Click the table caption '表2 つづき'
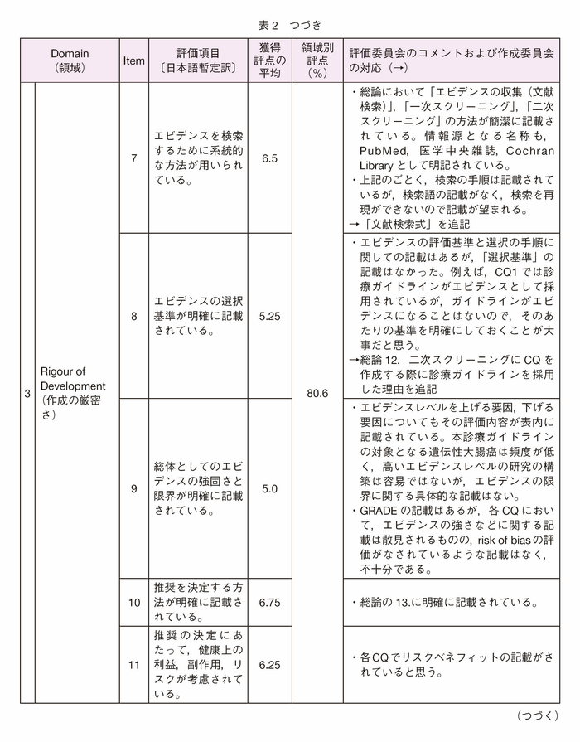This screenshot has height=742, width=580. coord(289,25)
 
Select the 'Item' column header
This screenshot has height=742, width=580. coord(134,61)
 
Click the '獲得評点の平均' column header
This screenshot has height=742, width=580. coord(269,61)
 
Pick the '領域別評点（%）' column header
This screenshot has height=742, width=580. coord(317,61)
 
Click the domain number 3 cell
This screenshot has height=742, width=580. coord(27,393)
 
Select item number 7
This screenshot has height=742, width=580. coord(134,158)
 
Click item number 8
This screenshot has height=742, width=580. coord(134,316)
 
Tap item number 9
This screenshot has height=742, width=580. coord(134,488)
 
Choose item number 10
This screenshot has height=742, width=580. coord(134,602)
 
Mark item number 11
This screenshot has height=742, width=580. coord(134,665)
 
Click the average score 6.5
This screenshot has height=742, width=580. coord(269,158)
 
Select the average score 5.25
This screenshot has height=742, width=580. coord(269,316)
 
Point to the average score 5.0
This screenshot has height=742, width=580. coord(269,488)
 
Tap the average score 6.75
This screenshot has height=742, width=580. coord(269,602)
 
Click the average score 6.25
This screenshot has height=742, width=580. coord(269,665)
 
